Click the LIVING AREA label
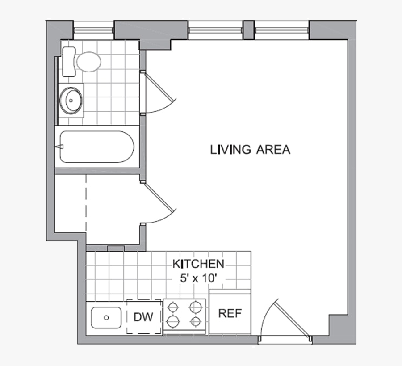click(x=250, y=150)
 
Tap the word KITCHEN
click(x=198, y=264)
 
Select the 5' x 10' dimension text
click(x=198, y=278)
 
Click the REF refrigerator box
click(x=230, y=314)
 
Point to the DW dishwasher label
click(x=143, y=317)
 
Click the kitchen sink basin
click(x=106, y=318)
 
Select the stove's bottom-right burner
click(x=195, y=321)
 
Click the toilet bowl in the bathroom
click(x=88, y=61)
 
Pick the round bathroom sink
click(x=71, y=100)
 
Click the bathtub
click(x=96, y=147)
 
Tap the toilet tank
click(x=68, y=62)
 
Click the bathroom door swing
click(x=159, y=94)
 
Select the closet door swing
click(x=159, y=203)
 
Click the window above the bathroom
click(x=93, y=30)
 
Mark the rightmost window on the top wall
click(x=281, y=30)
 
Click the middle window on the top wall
click(x=215, y=30)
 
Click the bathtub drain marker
click(x=60, y=147)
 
